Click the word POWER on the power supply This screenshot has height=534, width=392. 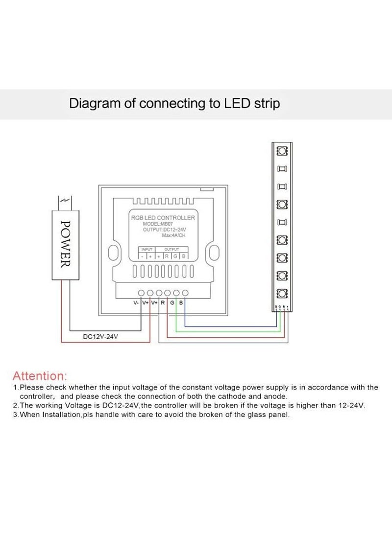(64, 243)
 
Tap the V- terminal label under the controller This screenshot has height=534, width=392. (136, 303)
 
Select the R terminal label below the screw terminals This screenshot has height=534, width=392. (163, 303)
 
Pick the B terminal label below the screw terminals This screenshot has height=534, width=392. (181, 303)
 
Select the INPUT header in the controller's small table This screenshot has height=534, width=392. (147, 249)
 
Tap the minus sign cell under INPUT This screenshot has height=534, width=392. (142, 256)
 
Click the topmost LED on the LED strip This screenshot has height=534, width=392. (282, 150)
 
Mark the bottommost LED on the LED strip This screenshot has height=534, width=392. (282, 294)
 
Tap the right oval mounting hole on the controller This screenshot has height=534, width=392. (213, 253)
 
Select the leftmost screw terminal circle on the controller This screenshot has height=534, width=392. (141, 293)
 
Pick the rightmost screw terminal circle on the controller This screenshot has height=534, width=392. (185, 293)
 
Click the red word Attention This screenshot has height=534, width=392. (39, 376)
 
